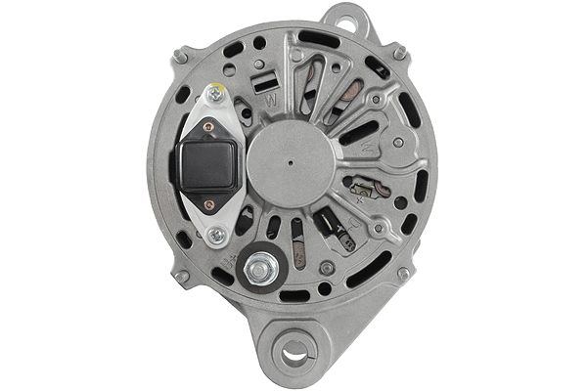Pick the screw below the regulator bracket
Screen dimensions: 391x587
point(216,234)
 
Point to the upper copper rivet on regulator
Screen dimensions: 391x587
point(207,125)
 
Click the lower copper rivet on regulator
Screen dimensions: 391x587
point(207,203)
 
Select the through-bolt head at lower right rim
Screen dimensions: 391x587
point(403,275)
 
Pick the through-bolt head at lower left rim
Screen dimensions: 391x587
point(181,278)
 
